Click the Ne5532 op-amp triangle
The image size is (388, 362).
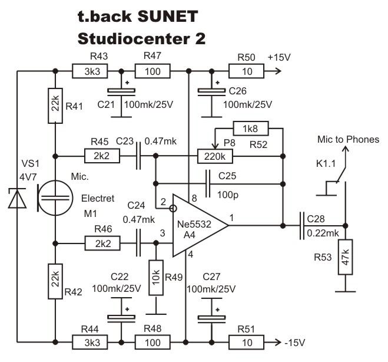(x=198, y=225)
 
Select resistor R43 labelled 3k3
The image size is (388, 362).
(x=89, y=71)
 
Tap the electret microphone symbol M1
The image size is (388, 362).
(x=55, y=199)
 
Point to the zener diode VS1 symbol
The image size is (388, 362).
(x=18, y=199)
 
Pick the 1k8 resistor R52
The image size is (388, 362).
(x=251, y=128)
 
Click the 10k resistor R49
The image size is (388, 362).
(x=155, y=276)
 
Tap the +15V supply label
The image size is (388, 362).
(x=278, y=58)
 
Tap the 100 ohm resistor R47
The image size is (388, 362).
(x=152, y=71)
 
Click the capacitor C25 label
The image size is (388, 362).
(x=228, y=175)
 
